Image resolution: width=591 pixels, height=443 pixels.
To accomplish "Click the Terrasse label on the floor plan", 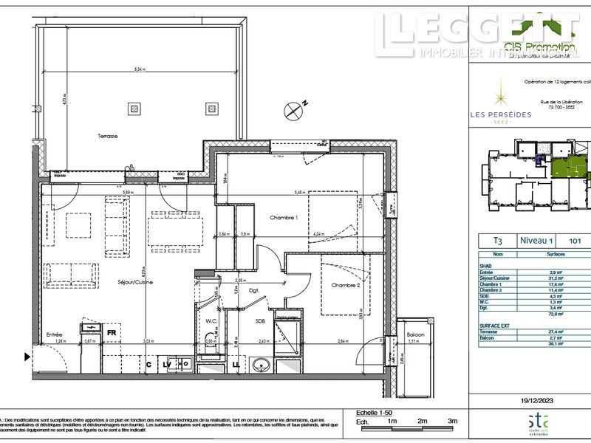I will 109,137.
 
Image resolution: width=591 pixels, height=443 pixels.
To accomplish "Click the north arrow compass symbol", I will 294,111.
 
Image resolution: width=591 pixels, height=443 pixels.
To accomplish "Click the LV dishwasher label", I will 168,364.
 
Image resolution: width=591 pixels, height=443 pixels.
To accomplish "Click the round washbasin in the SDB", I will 259,365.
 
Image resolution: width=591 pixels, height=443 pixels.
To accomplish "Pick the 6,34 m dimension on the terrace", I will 140,69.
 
